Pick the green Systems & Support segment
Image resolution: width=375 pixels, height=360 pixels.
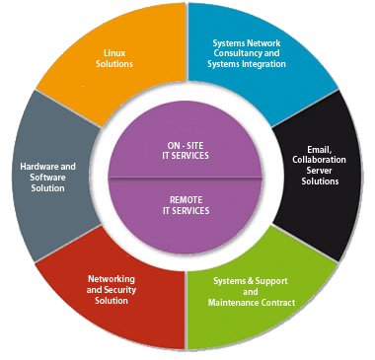252,296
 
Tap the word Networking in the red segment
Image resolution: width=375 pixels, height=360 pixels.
112,279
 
